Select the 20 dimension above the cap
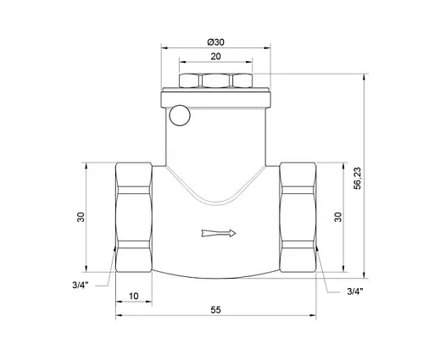click(x=216, y=58)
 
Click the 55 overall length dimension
click(x=216, y=311)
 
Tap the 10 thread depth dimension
click(x=133, y=296)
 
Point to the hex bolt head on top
click(x=216, y=83)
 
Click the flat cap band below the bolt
click(x=216, y=98)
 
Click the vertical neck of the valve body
click(x=216, y=140)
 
